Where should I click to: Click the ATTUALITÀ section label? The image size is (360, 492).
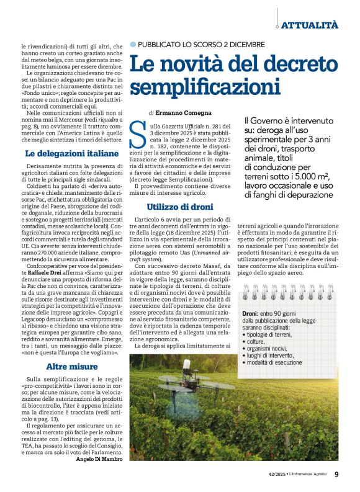pyautogui.click(x=309, y=25)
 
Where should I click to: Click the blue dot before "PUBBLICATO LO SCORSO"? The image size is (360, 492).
pyautogui.click(x=132, y=45)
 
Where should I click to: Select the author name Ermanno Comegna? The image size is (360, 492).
pyautogui.click(x=176, y=113)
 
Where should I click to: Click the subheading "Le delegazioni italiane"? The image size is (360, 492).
pyautogui.click(x=63, y=153)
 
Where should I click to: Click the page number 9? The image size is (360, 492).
pyautogui.click(x=336, y=475)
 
